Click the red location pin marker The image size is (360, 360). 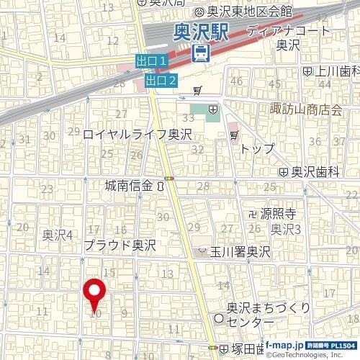(95, 294)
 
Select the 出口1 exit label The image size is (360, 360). (152, 62)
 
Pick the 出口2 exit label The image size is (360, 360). (161, 81)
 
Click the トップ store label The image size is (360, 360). (258, 148)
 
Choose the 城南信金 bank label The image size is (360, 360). (128, 186)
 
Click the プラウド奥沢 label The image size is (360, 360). (120, 246)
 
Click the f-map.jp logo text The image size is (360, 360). (282, 345)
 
